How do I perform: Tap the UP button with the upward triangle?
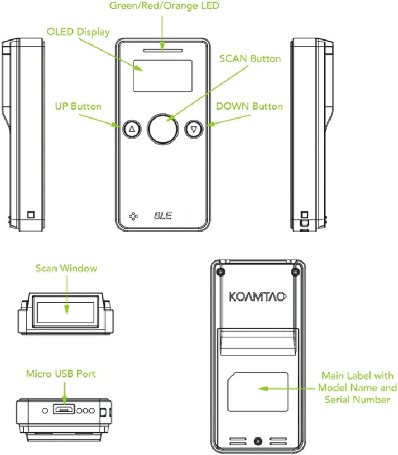tap(132, 129)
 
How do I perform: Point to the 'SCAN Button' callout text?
tap(250, 59)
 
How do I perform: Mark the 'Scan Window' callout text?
tap(66, 268)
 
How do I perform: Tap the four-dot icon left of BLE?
tap(132, 215)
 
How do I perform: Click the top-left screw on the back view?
tap(219, 271)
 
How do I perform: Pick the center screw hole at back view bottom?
tap(258, 439)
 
